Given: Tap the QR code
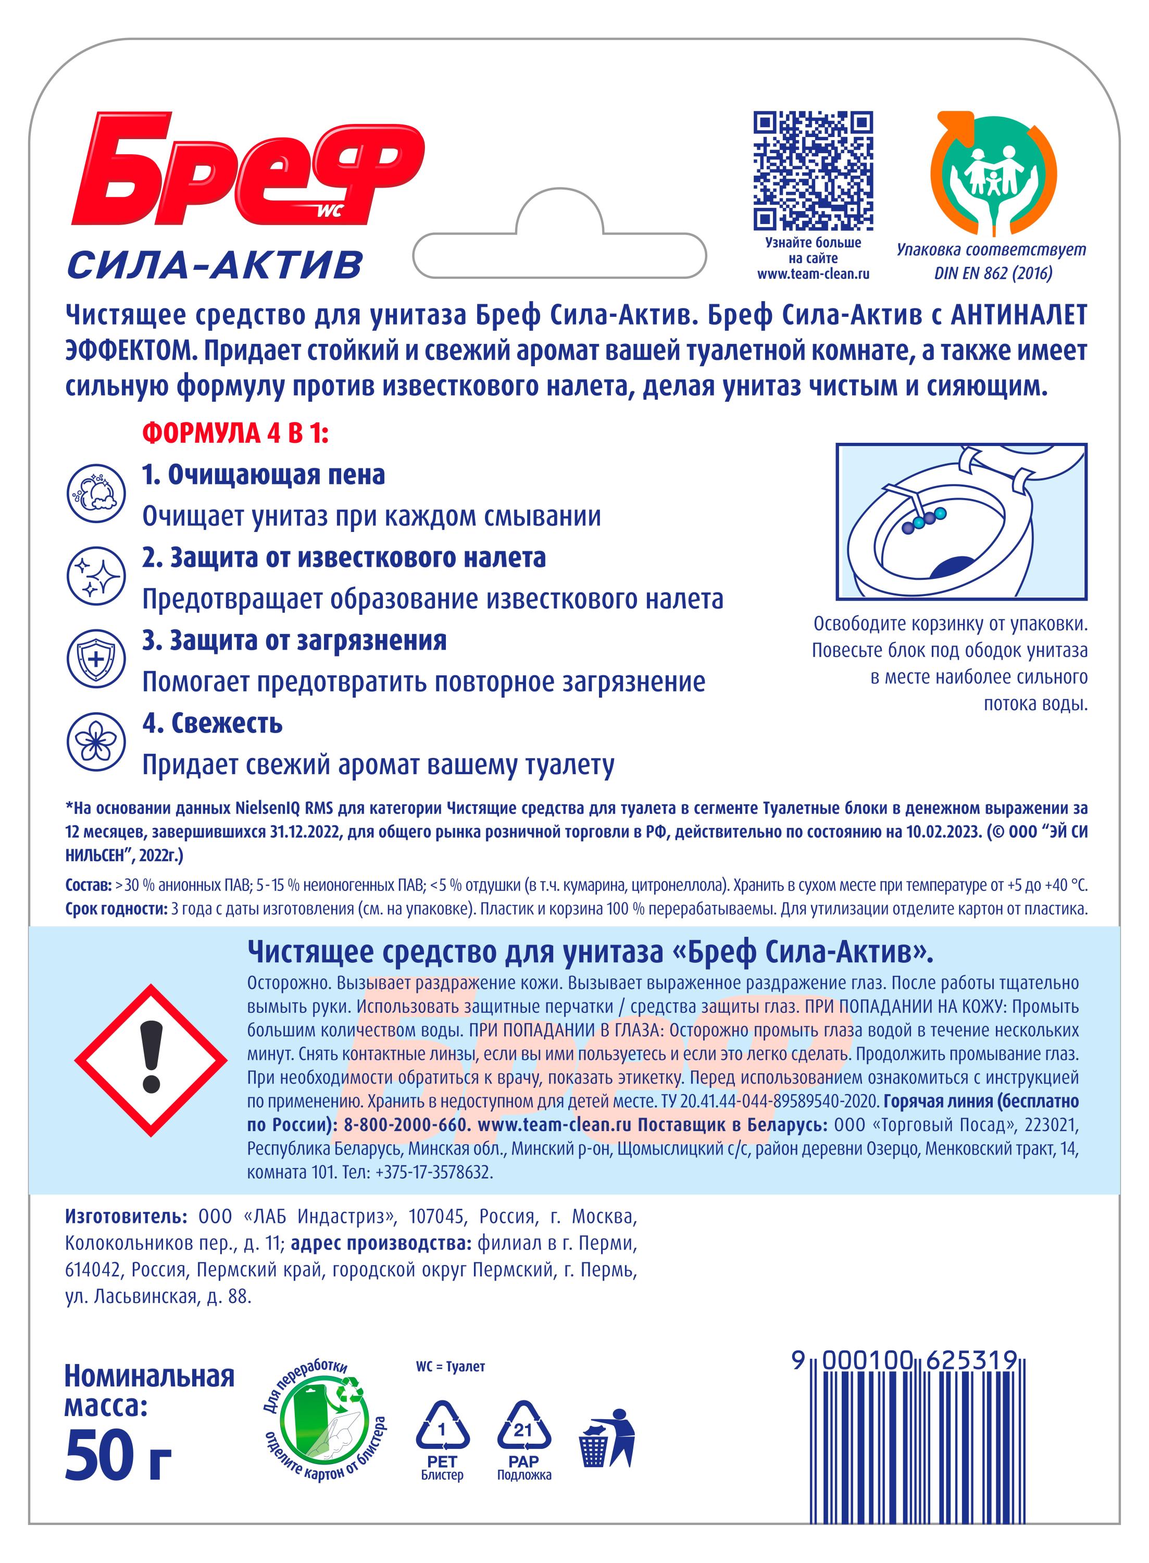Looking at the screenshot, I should pyautogui.click(x=813, y=170).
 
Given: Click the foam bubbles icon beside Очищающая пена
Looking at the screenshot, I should pyautogui.click(x=95, y=494).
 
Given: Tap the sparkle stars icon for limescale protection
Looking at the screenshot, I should pyautogui.click(x=95, y=577).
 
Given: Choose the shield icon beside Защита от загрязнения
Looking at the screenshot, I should pyautogui.click(x=95, y=660).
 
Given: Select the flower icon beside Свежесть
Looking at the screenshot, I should pyautogui.click(x=95, y=742).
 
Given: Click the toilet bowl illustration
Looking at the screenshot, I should pyautogui.click(x=961, y=521).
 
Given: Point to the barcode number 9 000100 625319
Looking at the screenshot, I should pyautogui.click(x=904, y=1360).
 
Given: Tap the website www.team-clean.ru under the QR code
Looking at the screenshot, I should pyautogui.click(x=813, y=274).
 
